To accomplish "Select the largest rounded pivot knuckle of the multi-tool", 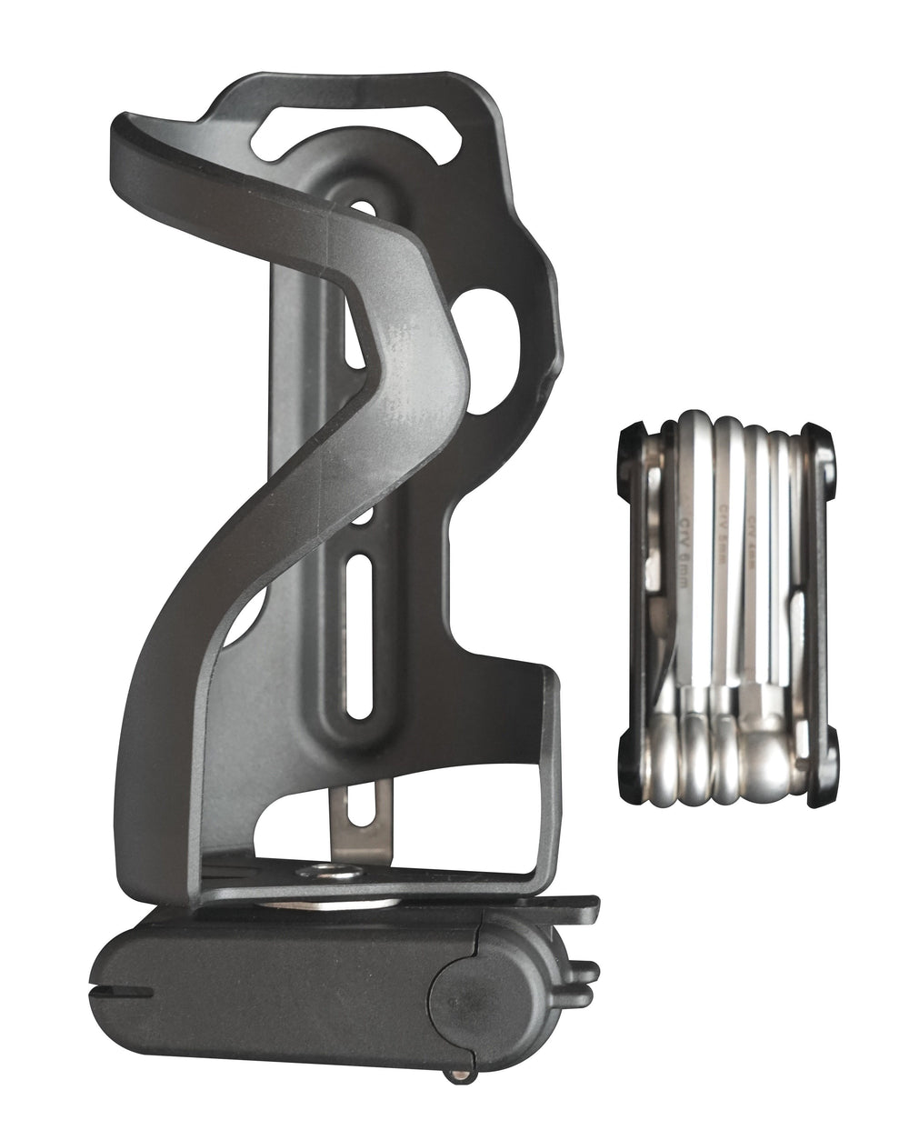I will [x=769, y=764].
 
